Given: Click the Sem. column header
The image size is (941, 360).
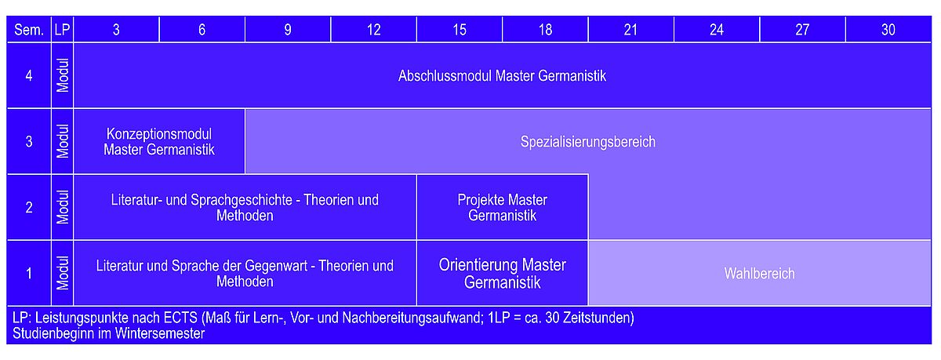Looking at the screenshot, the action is click(x=29, y=30).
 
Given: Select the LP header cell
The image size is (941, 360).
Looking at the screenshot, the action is click(x=62, y=30).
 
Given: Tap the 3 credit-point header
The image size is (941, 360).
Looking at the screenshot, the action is click(x=116, y=30).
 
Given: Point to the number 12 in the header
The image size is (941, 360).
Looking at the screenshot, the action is click(x=373, y=30).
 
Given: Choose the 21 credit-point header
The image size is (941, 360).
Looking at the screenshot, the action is click(x=630, y=30).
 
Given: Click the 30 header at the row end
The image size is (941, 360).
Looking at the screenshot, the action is click(x=888, y=30).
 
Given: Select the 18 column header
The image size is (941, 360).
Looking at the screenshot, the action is click(x=545, y=30).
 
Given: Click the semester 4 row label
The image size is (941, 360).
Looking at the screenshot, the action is click(x=29, y=75).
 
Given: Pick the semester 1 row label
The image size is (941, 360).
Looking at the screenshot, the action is click(x=29, y=274).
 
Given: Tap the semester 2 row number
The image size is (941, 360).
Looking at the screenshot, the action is click(x=29, y=208).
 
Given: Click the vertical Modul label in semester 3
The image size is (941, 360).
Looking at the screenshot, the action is click(x=63, y=141).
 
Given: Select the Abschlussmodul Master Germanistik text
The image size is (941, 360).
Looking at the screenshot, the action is click(x=502, y=76).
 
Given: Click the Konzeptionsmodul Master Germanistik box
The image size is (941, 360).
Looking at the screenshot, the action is click(x=159, y=141).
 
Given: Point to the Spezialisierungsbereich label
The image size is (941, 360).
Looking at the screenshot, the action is click(x=587, y=142).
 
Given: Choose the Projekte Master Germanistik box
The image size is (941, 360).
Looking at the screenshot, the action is click(x=502, y=208).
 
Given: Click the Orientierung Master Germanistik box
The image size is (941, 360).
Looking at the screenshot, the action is click(x=502, y=274).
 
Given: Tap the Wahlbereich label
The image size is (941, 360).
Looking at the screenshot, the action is click(x=760, y=274).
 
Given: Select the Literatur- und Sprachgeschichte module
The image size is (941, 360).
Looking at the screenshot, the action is click(x=245, y=208).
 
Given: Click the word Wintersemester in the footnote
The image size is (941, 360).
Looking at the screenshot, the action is click(x=160, y=333).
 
